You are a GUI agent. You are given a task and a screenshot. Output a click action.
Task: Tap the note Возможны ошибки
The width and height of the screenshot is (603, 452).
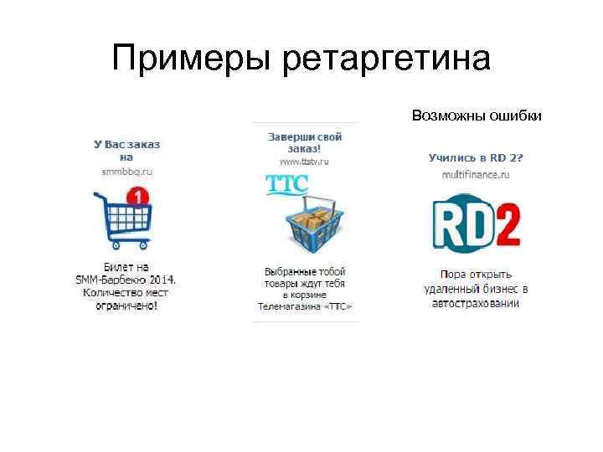[477, 115]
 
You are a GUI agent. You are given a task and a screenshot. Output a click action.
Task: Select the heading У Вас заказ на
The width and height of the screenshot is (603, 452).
[126, 150]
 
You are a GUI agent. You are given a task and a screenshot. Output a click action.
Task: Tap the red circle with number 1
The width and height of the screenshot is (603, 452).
[136, 198]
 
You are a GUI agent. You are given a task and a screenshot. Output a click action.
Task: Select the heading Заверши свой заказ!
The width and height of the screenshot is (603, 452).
[305, 142]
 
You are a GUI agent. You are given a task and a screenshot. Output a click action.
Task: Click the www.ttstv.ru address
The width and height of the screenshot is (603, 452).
[305, 161]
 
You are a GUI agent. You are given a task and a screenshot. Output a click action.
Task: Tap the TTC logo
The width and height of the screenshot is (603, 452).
[286, 184]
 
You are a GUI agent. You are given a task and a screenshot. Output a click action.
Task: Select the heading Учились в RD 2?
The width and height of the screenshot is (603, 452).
[476, 157]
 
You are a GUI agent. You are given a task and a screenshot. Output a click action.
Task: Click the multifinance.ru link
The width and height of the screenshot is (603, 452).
[476, 174]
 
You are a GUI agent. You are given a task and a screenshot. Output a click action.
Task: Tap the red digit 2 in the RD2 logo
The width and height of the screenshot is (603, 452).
[505, 223]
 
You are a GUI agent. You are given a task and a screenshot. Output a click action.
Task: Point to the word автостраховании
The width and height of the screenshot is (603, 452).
[476, 303]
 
